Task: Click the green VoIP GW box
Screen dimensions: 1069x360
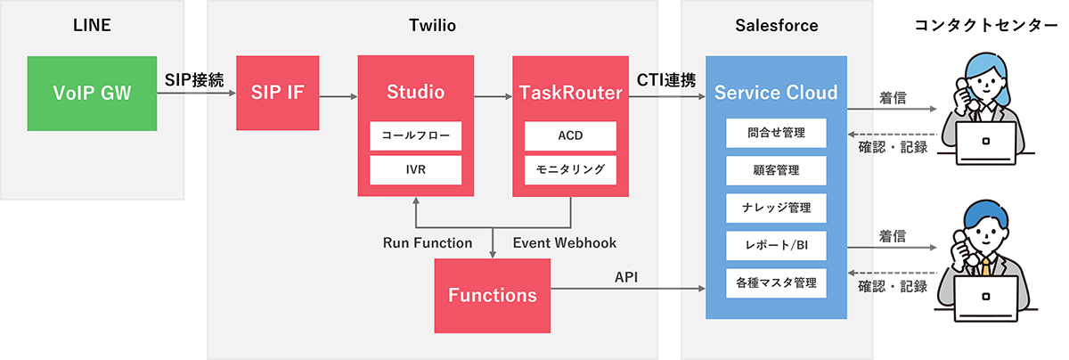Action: click(x=92, y=93)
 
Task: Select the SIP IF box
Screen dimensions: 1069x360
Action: click(x=277, y=93)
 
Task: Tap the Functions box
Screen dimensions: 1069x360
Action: click(x=492, y=296)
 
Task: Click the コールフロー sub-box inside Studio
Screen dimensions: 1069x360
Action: click(x=415, y=135)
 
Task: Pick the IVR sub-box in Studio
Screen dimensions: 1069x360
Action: click(x=415, y=169)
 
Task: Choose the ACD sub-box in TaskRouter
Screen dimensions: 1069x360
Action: click(x=570, y=135)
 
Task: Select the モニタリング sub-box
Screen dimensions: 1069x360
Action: click(x=570, y=169)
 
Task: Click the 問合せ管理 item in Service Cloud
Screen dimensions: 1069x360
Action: click(x=776, y=133)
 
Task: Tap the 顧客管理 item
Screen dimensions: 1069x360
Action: click(x=776, y=170)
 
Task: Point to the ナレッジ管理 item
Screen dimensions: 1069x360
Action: click(x=776, y=208)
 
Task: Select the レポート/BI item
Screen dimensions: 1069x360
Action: click(x=776, y=245)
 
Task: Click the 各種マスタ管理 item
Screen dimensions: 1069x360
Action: click(x=776, y=283)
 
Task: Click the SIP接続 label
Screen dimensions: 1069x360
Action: click(x=194, y=79)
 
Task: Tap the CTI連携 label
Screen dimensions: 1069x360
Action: click(x=666, y=79)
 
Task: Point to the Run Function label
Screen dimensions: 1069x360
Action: click(x=428, y=243)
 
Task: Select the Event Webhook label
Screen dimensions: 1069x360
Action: click(x=565, y=243)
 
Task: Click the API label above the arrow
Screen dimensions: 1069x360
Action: click(x=626, y=277)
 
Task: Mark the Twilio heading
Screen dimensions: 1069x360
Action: click(x=432, y=25)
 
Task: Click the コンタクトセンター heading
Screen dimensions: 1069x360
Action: click(x=985, y=25)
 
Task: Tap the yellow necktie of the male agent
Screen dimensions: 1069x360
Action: click(x=985, y=266)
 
